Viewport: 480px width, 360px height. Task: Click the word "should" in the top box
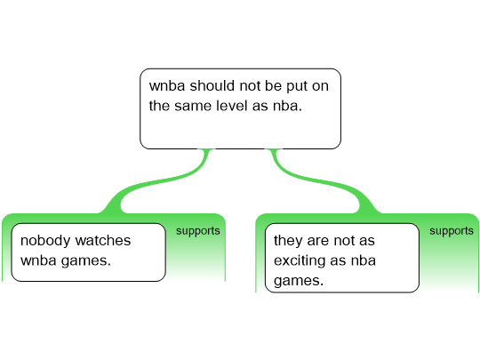[x=212, y=85]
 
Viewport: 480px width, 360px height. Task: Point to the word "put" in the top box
[x=297, y=86]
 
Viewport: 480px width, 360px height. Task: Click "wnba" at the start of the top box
[x=167, y=85]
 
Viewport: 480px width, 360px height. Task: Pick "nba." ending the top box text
[x=287, y=106]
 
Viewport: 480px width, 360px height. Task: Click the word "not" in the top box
[x=250, y=86]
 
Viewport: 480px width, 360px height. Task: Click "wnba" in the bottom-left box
[x=38, y=260]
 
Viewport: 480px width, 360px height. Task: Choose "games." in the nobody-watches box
[x=85, y=261]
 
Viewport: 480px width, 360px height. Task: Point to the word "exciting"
[x=300, y=261]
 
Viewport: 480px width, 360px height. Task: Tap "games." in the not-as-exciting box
[x=299, y=281]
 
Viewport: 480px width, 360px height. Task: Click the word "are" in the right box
[x=317, y=241]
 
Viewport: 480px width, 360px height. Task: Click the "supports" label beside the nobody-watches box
[x=197, y=231]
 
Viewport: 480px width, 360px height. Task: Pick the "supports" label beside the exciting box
[x=452, y=231]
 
